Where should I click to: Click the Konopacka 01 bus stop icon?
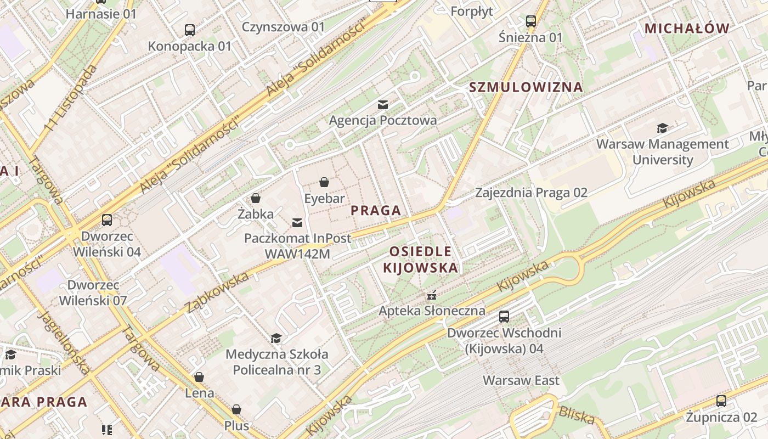pos(190,30)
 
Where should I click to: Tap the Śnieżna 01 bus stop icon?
pos(530,21)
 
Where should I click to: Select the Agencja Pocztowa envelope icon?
pos(383,104)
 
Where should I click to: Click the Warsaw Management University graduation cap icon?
pos(663,128)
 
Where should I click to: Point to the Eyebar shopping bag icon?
pos(324,182)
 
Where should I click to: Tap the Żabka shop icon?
pos(255,198)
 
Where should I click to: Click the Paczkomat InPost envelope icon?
pos(297,222)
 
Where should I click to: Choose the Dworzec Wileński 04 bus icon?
pos(107,220)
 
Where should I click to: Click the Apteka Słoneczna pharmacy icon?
pos(432,295)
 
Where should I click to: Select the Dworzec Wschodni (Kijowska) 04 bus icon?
pos(504,317)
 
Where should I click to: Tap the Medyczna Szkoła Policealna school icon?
pos(276,338)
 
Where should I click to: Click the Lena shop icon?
pos(199,377)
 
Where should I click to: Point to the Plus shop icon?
pos(236,409)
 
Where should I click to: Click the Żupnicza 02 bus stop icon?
pos(721,401)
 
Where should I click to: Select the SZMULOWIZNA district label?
pos(526,87)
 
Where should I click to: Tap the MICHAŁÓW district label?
pos(687,29)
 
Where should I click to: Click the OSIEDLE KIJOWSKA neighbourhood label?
pos(421,260)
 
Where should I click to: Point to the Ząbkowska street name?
pos(217,292)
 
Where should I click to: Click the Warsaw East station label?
pos(521,380)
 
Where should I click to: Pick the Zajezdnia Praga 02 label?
pos(531,193)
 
